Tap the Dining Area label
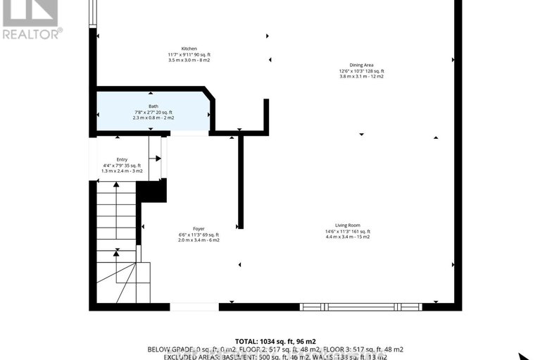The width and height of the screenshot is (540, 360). point(362,65)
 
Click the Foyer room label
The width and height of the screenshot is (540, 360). point(199,228)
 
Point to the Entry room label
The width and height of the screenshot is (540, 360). point(123,159)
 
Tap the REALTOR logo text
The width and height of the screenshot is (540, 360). point(32,32)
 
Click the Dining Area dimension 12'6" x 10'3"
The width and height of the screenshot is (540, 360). point(362,71)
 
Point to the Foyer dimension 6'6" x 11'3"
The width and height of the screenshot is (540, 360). point(199,235)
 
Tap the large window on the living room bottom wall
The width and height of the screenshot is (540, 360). point(360,306)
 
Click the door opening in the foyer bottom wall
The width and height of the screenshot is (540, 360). point(194,306)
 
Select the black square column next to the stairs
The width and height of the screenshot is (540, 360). point(151,190)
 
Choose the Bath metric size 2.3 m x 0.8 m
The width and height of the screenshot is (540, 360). point(153,118)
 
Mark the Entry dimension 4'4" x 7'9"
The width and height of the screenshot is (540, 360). point(123,165)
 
